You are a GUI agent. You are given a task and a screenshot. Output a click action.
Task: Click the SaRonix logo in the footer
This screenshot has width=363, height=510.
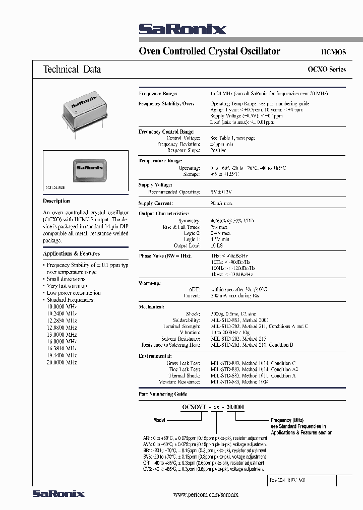coord(58,494)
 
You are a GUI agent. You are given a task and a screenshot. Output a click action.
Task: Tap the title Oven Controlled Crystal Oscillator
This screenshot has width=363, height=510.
coord(209,51)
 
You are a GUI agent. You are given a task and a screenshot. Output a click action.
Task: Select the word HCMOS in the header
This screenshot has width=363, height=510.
coord(333,52)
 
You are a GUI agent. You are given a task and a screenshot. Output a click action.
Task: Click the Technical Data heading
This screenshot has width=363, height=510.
coord(72,70)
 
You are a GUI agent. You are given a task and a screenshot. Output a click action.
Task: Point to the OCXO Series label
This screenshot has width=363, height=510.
coord(326,70)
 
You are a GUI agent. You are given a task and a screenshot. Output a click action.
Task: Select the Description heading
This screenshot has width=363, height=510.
coord(56,201)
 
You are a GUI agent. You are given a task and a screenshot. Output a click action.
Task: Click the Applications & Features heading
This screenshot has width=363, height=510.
coord(71,253)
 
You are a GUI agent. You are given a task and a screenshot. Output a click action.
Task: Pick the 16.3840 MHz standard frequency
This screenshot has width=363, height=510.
coord(62,348)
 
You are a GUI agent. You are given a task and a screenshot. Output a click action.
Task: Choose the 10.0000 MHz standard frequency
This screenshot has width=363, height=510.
coord(62,306)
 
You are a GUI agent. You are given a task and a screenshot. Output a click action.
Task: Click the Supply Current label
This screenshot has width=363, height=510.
coord(156,204)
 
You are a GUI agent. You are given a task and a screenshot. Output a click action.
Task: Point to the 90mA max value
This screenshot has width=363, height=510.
coord(221,204)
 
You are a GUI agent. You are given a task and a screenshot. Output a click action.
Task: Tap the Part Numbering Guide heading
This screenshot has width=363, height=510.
coord(163,394)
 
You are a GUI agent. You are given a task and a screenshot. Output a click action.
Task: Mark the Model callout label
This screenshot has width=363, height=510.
coord(159,419)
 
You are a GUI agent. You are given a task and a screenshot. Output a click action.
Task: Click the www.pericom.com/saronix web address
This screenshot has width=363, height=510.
coord(205,495)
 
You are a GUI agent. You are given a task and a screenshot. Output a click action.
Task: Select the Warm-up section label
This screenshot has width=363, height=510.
coord(150,283)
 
